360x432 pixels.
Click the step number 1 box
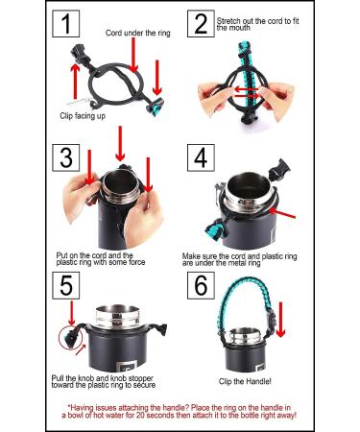click(66, 24)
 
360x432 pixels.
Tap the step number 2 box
click(201, 24)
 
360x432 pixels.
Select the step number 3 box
click(66, 157)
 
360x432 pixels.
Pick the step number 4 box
click(201, 157)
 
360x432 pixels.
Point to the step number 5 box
click(66, 285)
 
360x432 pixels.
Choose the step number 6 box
click(201, 285)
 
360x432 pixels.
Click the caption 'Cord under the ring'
click(138, 33)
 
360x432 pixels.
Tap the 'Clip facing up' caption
click(83, 115)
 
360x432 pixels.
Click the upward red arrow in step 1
click(75, 81)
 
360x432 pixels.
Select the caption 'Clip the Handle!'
click(245, 381)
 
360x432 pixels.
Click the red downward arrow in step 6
click(280, 320)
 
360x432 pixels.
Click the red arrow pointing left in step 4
click(282, 213)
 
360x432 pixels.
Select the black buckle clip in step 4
click(279, 169)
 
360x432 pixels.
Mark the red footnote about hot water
click(180, 412)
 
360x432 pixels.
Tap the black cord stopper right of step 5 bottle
click(162, 329)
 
